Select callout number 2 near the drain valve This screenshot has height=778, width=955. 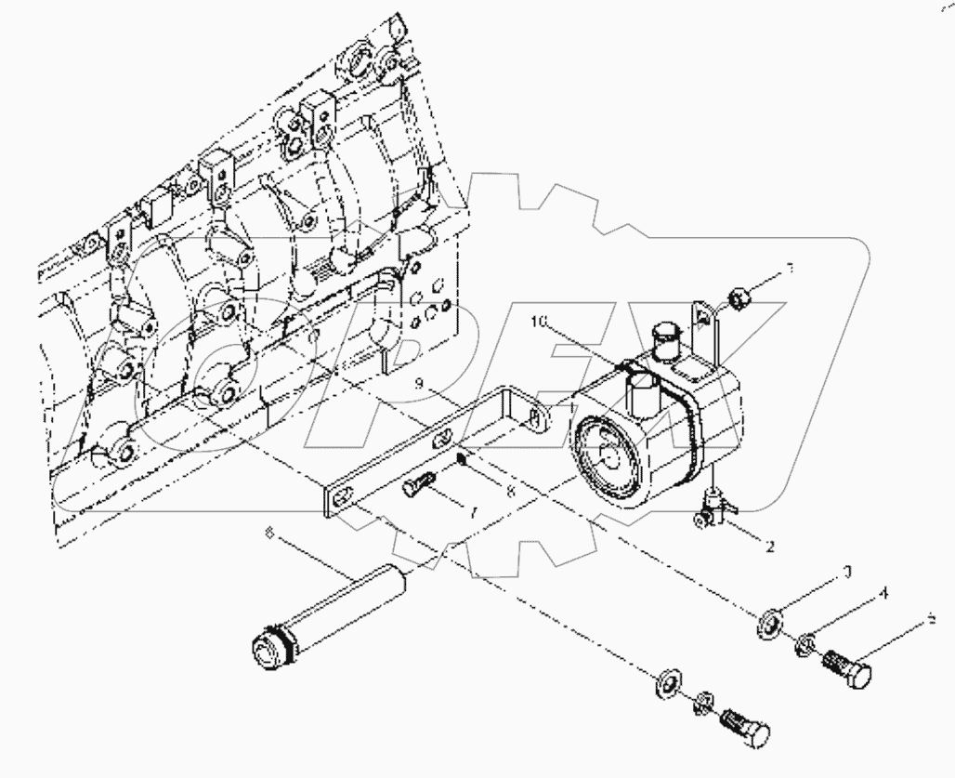coord(769,547)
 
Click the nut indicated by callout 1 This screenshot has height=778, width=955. coord(739,297)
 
